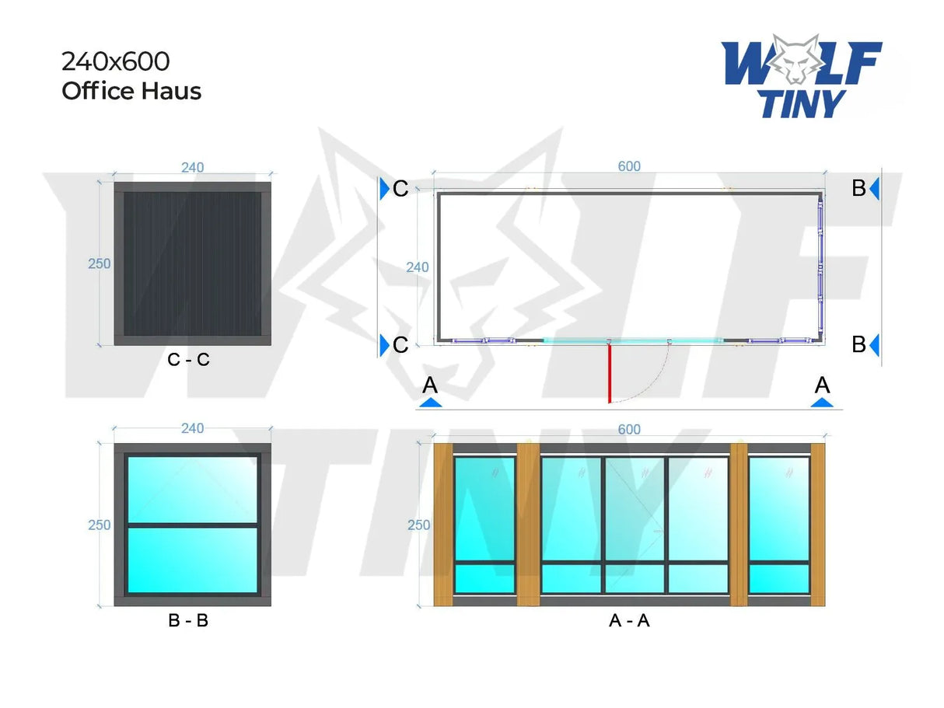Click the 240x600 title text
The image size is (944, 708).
(x=115, y=61)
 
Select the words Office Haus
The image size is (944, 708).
(x=131, y=91)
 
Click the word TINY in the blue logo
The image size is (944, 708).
(x=802, y=103)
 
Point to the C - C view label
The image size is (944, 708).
(x=188, y=360)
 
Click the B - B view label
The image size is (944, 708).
(x=188, y=621)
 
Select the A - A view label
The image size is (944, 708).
(x=629, y=621)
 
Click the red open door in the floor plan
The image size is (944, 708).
(x=610, y=373)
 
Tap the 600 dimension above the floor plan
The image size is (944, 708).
(x=629, y=166)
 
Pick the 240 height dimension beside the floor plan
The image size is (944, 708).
(x=418, y=267)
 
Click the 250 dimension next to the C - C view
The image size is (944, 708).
(x=100, y=264)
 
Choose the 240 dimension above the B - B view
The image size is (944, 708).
(x=192, y=428)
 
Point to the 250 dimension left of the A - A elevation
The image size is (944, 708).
(x=419, y=525)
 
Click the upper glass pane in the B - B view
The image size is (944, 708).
(x=192, y=490)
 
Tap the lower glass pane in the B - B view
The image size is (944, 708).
(x=192, y=560)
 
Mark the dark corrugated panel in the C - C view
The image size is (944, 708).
(x=192, y=264)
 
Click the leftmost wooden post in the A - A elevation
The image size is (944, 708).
(x=442, y=525)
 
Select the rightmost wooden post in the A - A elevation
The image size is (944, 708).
(x=818, y=525)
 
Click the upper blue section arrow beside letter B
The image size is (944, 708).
(x=875, y=189)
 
